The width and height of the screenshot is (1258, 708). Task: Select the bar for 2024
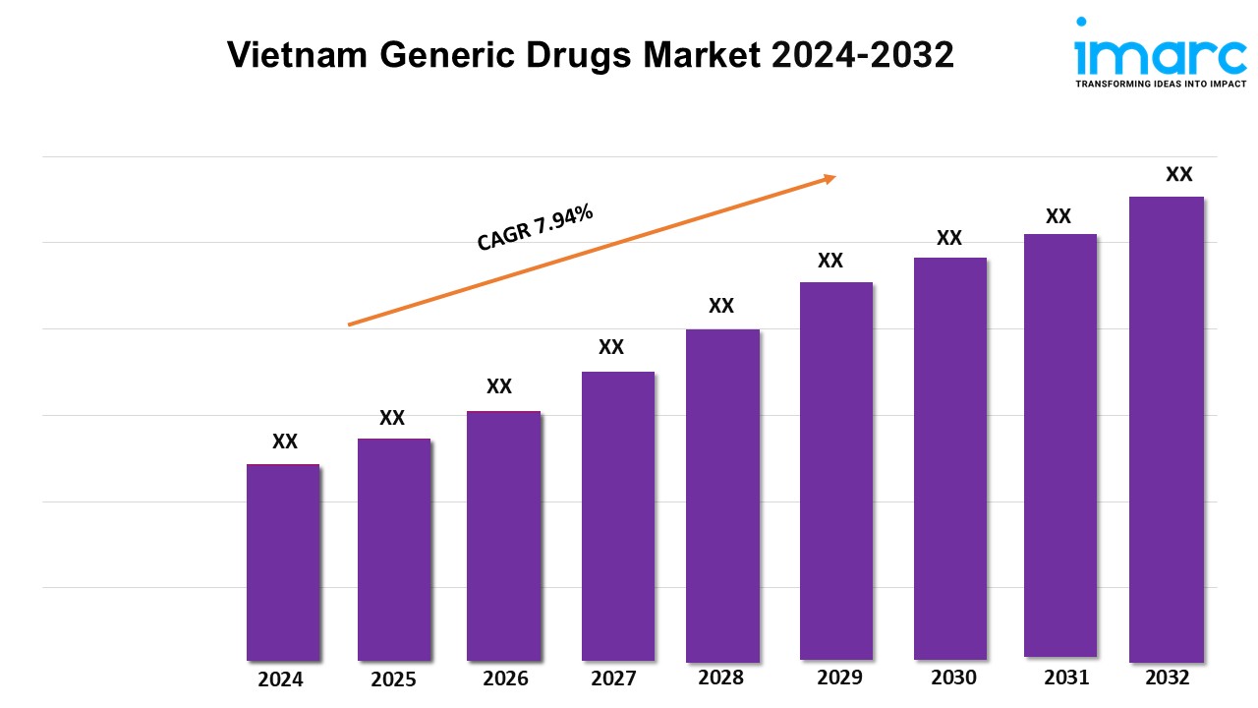point(283,561)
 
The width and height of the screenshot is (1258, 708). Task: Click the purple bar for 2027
point(617,515)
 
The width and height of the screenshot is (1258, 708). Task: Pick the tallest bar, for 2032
point(1167,429)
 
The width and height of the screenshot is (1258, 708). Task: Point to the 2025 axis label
point(393,679)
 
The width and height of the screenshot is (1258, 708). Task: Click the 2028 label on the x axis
point(720,678)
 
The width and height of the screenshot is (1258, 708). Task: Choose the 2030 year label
point(953,678)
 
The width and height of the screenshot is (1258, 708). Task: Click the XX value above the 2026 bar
point(499,386)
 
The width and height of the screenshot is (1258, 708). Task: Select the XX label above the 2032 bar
point(1178,174)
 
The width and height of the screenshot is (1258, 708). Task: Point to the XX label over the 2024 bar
point(285,442)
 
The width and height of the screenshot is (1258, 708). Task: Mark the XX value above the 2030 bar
point(949,238)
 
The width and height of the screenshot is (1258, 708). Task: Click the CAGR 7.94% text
point(536,227)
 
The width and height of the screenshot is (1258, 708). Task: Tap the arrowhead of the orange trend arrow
point(829,178)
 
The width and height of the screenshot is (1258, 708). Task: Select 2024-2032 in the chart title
point(862,56)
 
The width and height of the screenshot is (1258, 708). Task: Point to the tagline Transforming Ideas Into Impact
point(1161,85)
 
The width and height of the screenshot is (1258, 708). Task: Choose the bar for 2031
point(1059,444)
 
